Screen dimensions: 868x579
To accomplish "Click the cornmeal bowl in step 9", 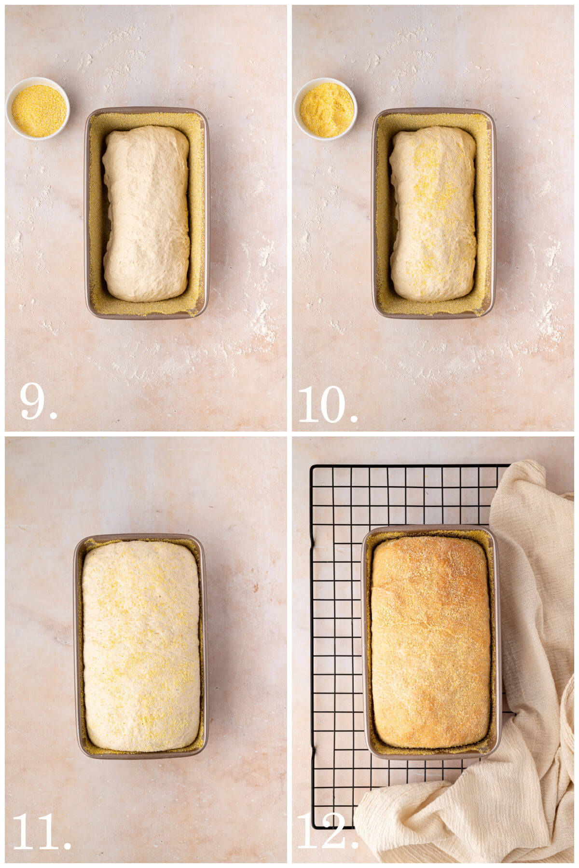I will [38, 110].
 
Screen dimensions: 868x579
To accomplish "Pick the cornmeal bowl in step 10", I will [326, 110].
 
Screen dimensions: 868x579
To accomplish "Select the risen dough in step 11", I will [141, 646].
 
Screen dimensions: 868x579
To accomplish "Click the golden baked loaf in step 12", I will [430, 641].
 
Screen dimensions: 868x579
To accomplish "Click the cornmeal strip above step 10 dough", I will [433, 121].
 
